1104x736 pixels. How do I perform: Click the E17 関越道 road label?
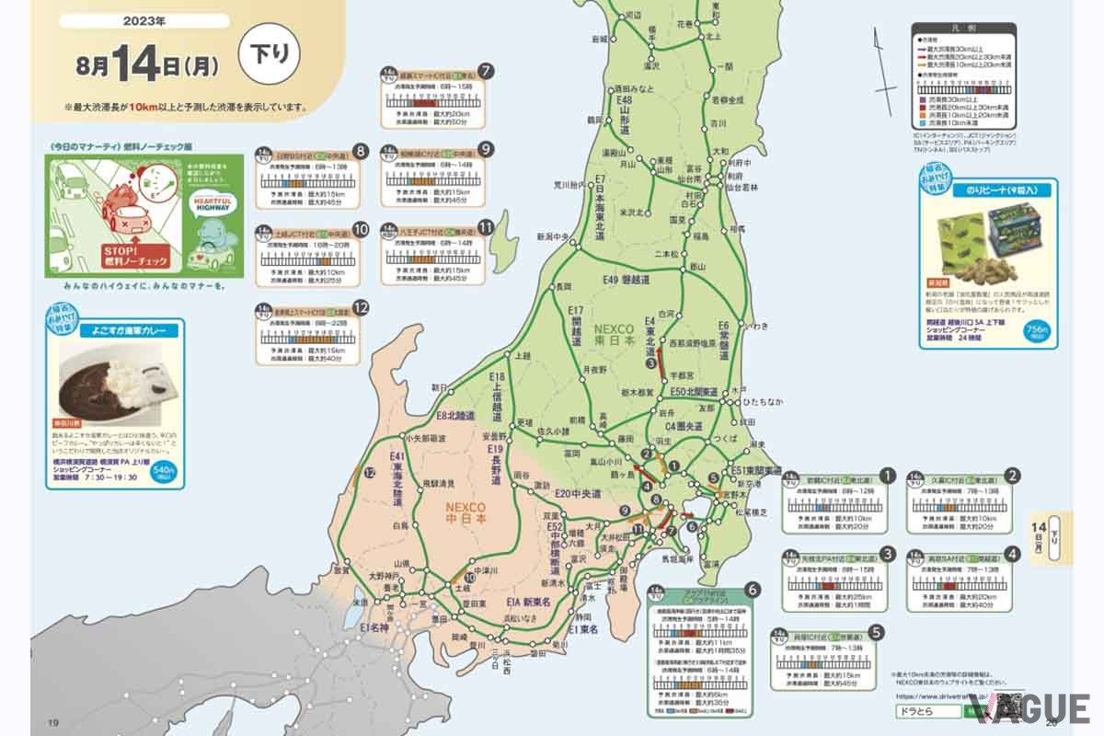[x=577, y=326]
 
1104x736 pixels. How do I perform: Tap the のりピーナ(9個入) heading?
[x=1006, y=189]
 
